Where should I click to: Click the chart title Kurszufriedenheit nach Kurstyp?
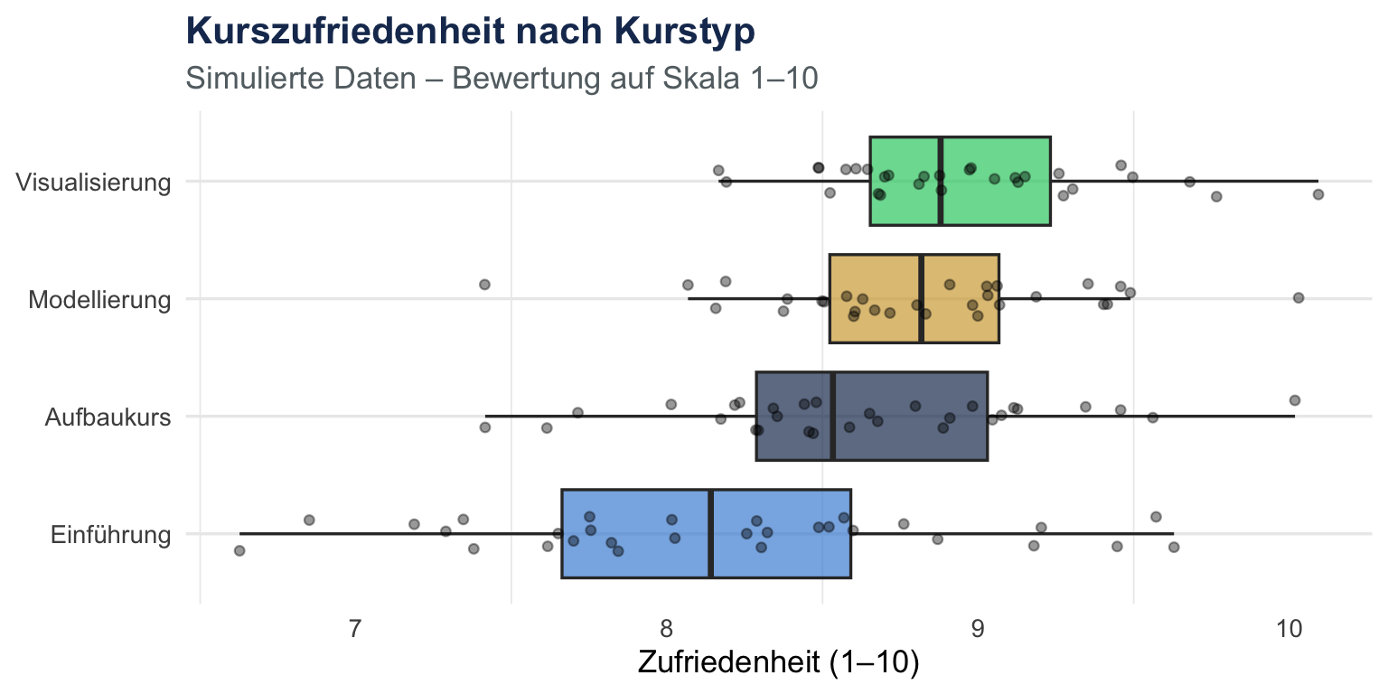(470, 32)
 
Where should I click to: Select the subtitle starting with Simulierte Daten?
(502, 79)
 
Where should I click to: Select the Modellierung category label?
(99, 299)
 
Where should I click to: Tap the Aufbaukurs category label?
(108, 417)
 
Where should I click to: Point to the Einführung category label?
(111, 534)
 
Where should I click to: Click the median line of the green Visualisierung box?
(941, 163)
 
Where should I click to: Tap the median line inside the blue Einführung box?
(710, 560)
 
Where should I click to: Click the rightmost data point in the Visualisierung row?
(1318, 194)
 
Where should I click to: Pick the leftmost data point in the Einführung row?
(239, 550)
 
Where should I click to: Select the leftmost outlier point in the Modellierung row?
(484, 285)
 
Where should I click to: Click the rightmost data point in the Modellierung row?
(1299, 297)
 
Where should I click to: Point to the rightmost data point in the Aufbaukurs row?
(1295, 400)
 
